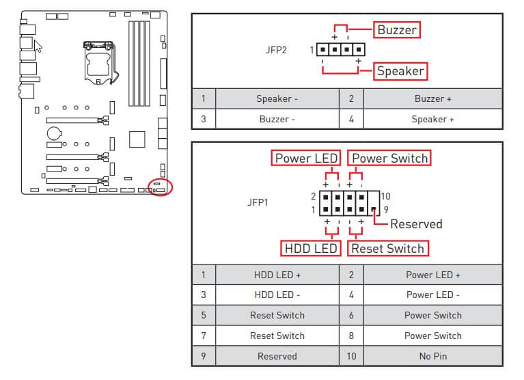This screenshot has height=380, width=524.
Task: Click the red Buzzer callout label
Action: (396, 29)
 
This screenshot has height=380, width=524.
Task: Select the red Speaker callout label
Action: (400, 70)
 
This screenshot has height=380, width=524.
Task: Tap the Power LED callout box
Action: (305, 158)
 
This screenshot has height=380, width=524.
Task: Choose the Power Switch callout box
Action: (389, 158)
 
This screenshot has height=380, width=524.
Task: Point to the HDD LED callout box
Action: (310, 248)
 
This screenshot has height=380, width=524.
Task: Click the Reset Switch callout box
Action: (387, 248)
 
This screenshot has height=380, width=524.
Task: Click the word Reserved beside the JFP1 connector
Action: (416, 223)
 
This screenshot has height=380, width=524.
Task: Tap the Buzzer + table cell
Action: (432, 98)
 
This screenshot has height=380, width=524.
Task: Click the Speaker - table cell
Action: (277, 98)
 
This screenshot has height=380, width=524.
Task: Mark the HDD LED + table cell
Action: (277, 275)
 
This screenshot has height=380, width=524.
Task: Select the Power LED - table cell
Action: (432, 295)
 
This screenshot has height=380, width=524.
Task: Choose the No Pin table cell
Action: (432, 356)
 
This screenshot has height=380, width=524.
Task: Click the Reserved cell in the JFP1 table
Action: (277, 356)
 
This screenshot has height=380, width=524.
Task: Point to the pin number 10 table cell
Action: (351, 356)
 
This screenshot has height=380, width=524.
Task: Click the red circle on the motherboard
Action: (161, 187)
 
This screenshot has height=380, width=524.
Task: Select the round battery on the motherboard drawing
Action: (54, 132)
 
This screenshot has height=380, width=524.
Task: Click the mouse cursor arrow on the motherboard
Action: (38, 46)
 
